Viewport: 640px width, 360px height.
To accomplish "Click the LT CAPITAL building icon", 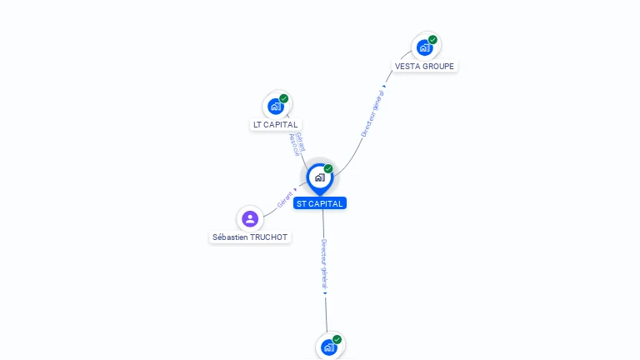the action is [x=276, y=107].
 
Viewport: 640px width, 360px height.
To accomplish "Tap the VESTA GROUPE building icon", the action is [x=425, y=47].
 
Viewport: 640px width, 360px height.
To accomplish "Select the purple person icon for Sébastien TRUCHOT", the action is [x=250, y=219].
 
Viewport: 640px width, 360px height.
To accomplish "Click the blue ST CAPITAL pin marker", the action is [x=319, y=177].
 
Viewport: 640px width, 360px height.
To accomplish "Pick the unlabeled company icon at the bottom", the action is [x=329, y=347].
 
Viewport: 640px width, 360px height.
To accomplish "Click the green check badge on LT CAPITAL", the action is [x=284, y=98].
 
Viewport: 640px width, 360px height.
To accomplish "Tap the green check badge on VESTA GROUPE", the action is [x=433, y=39].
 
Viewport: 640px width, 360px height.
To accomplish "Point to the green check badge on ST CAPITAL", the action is [x=328, y=168].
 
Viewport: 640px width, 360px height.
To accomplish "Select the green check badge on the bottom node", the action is [x=337, y=339].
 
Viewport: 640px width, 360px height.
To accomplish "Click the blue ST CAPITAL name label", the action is [x=319, y=203].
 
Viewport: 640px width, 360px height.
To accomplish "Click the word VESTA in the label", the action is [x=407, y=67].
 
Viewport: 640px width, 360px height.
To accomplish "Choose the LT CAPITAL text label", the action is [x=276, y=125].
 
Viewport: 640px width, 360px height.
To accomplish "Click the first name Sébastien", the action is [x=231, y=237].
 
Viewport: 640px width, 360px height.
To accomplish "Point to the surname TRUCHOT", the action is [x=269, y=237].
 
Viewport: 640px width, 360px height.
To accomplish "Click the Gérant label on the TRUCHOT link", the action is [x=285, y=199].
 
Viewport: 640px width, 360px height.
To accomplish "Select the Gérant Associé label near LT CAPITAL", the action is [x=297, y=144].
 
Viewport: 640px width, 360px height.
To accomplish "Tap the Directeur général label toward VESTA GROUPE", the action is [x=372, y=113].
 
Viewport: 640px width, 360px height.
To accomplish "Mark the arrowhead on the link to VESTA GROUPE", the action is [x=384, y=86].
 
